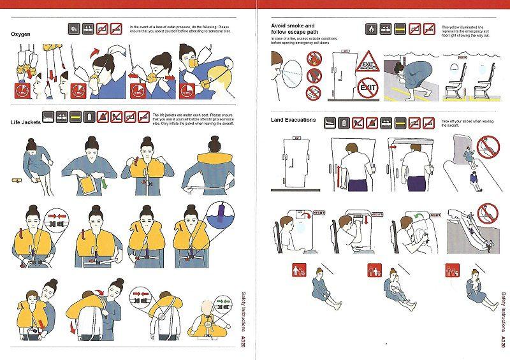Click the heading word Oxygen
(x=21, y=34)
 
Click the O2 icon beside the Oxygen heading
(x=74, y=29)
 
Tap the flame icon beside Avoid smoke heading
(x=371, y=29)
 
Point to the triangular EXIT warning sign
(x=368, y=64)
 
